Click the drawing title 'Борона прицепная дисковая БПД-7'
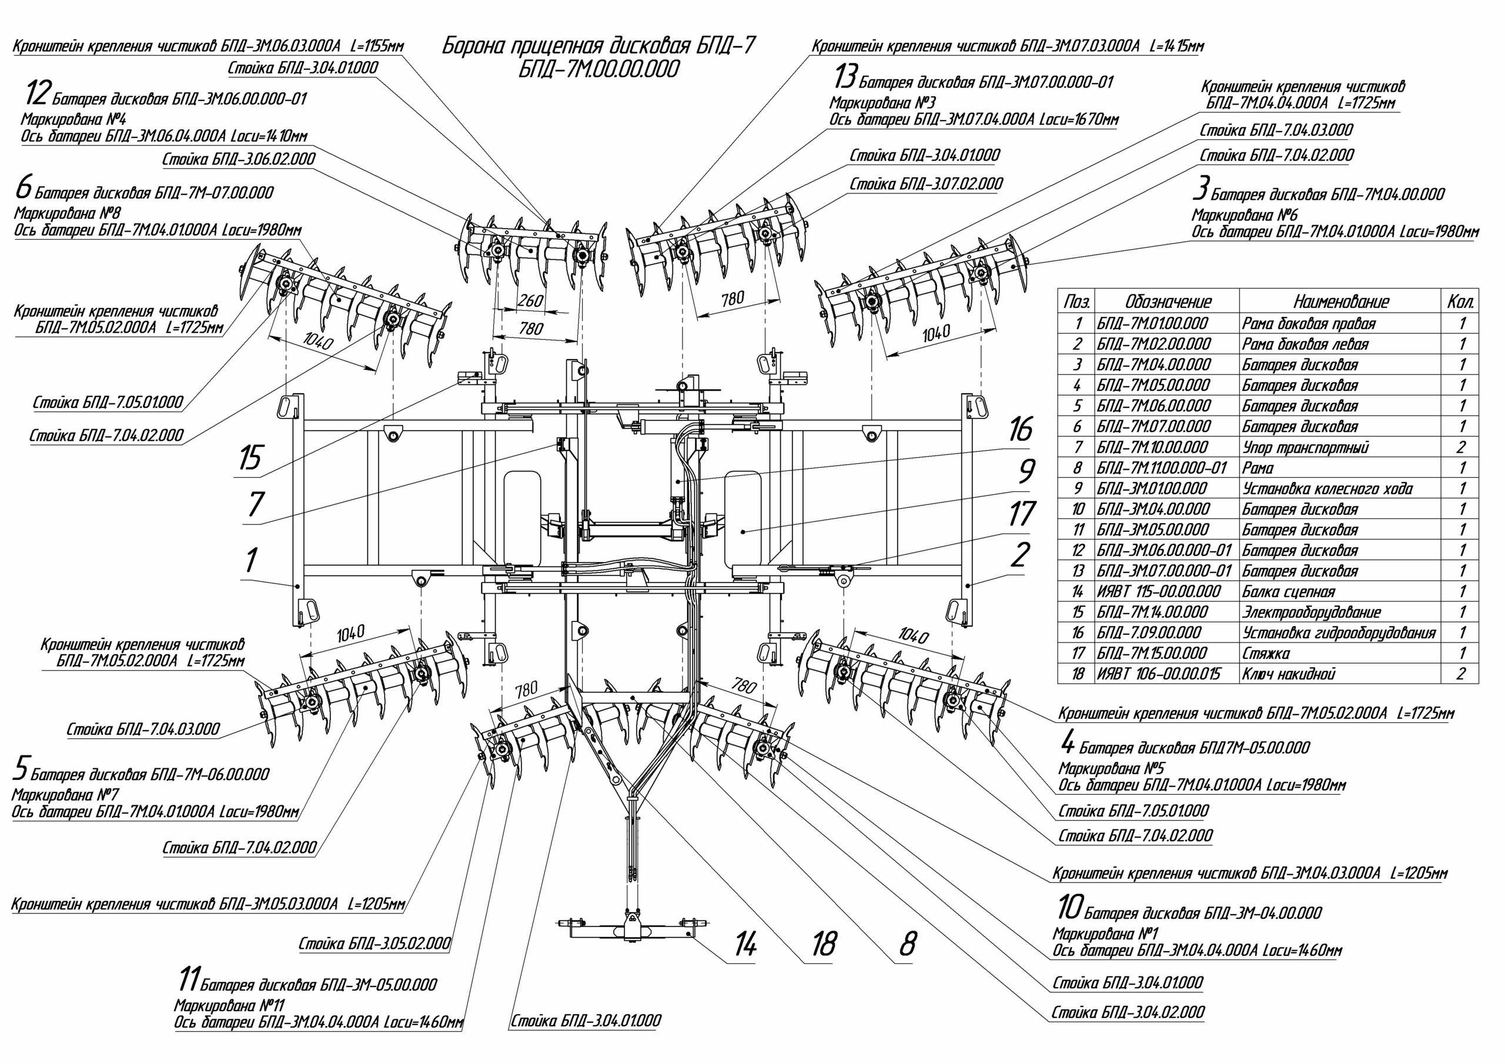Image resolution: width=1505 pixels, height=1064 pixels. tap(598, 46)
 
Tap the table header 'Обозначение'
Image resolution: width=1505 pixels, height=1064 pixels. tap(1168, 302)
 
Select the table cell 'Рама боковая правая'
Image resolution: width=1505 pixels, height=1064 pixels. tap(1309, 323)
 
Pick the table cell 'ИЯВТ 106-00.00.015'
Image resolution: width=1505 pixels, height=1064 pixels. tap(1158, 674)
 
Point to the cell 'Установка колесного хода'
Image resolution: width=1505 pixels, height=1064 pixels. tap(1327, 488)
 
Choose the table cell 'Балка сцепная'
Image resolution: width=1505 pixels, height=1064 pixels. tap(1288, 591)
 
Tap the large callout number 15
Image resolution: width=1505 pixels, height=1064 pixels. tap(250, 457)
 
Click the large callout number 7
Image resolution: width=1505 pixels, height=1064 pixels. tap(255, 504)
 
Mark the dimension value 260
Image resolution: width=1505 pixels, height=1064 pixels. tap(530, 301)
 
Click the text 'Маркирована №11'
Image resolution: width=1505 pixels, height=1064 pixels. tap(229, 1005)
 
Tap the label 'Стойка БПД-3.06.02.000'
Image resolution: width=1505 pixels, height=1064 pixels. tap(239, 159)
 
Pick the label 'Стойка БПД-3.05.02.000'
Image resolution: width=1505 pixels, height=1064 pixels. tap(375, 944)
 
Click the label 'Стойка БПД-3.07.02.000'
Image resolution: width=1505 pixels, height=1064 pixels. tap(925, 184)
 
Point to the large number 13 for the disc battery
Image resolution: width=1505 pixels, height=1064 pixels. tap(844, 78)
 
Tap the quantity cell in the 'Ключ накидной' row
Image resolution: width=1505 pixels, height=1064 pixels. tap(1461, 674)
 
